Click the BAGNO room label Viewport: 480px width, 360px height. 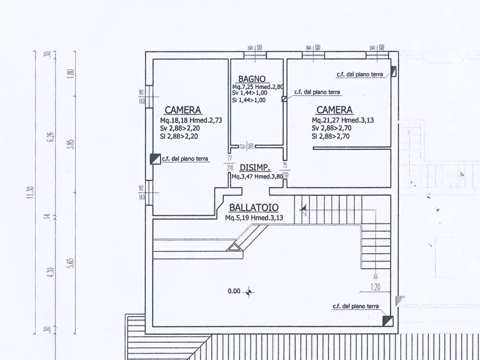(252, 79)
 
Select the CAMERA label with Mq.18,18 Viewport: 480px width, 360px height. (183, 110)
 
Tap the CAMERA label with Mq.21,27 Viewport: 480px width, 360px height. (334, 110)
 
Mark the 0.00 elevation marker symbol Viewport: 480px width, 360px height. (248, 292)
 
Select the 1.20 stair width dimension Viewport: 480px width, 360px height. (375, 287)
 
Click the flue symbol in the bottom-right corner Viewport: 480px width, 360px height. (386, 321)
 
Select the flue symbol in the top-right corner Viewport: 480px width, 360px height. (393, 71)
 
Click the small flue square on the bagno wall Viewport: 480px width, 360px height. (284, 99)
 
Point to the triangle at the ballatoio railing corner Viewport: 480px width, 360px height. (234, 247)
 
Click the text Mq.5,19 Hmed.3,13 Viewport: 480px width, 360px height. (255, 218)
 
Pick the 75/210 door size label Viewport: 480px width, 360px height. (285, 170)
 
